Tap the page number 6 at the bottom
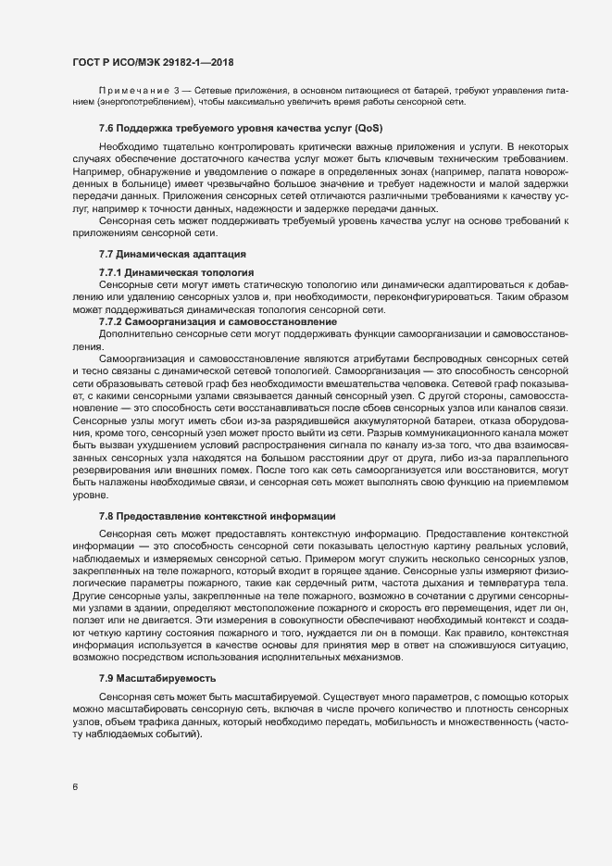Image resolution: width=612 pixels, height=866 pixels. coord(74,788)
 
